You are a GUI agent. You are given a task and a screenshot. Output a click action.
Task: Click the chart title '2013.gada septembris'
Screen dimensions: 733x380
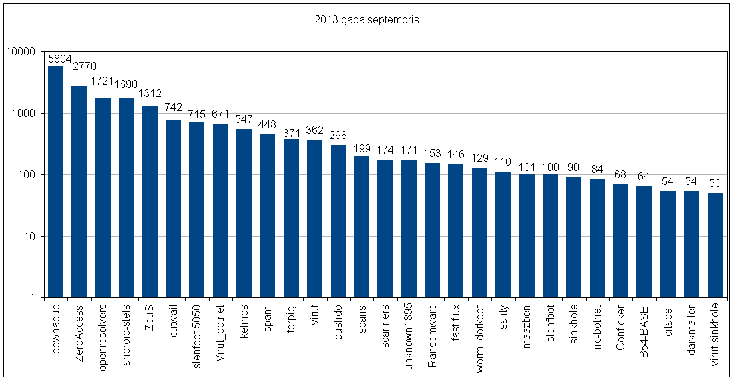[366, 20]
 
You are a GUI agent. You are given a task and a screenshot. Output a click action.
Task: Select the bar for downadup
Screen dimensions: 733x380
[56, 182]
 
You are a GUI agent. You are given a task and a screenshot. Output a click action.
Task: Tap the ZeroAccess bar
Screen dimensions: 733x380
[79, 192]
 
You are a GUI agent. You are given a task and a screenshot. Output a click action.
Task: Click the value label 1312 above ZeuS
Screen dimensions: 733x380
[150, 93]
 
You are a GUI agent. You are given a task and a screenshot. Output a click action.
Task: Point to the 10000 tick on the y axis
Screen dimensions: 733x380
[22, 52]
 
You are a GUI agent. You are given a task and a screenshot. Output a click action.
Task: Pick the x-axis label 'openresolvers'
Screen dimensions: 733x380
[103, 331]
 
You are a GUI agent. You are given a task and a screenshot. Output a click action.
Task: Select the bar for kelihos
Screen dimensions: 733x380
[244, 213]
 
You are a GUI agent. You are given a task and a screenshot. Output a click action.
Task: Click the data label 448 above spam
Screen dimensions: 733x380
[268, 125]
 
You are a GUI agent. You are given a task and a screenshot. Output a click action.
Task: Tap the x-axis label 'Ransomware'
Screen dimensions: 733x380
[433, 329]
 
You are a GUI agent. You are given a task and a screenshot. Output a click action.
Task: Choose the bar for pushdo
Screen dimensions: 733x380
[338, 222]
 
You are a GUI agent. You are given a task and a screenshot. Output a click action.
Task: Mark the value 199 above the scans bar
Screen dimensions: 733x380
[362, 148]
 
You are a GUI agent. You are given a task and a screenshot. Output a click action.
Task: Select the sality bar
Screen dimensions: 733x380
[503, 235]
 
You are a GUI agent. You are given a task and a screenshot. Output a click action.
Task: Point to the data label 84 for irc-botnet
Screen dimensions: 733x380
[597, 169]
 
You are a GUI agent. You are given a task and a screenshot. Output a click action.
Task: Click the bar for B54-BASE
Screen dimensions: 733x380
[644, 242]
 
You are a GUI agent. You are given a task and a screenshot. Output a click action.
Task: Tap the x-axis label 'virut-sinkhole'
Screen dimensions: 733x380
[715, 334]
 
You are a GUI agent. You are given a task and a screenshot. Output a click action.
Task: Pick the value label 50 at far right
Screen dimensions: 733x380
[715, 183]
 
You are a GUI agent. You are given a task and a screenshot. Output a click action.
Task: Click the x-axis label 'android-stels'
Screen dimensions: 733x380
[126, 331]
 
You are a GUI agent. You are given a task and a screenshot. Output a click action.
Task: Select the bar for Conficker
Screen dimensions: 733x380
[620, 241]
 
